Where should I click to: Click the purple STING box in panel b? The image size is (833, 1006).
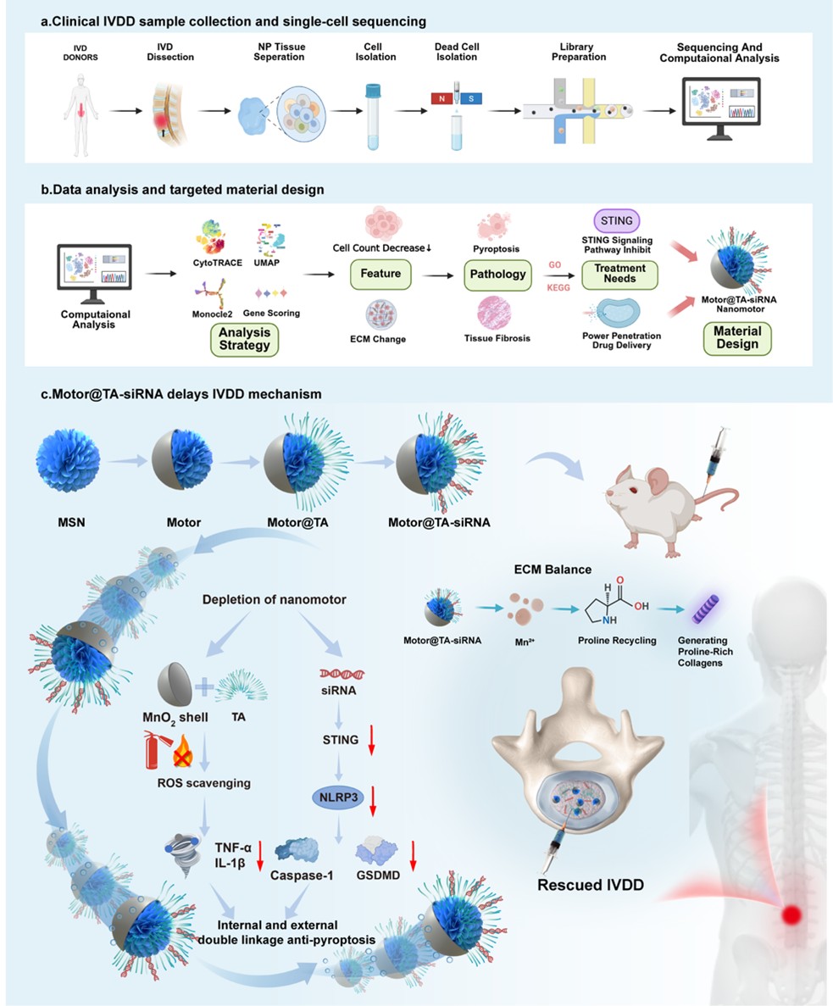click(616, 221)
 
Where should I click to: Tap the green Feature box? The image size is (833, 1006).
click(382, 275)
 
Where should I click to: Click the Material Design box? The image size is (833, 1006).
click(736, 337)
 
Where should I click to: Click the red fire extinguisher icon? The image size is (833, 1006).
click(153, 749)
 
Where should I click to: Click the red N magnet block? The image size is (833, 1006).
click(441, 98)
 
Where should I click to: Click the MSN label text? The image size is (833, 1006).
click(62, 522)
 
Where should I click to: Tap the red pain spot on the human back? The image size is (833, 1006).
click(792, 914)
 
